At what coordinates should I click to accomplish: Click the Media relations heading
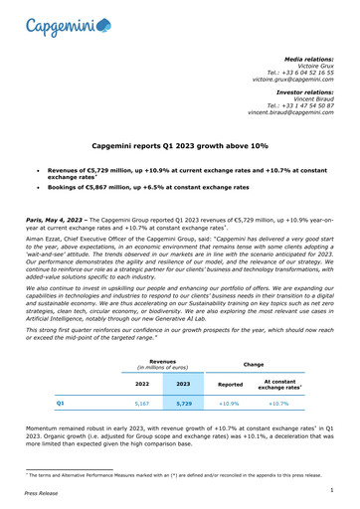311,60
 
